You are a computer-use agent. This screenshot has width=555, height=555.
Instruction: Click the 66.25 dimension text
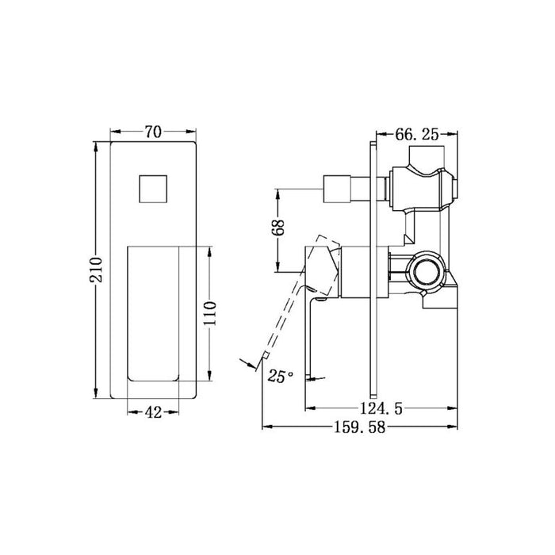(413, 135)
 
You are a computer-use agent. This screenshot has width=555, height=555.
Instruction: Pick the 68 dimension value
(277, 228)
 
